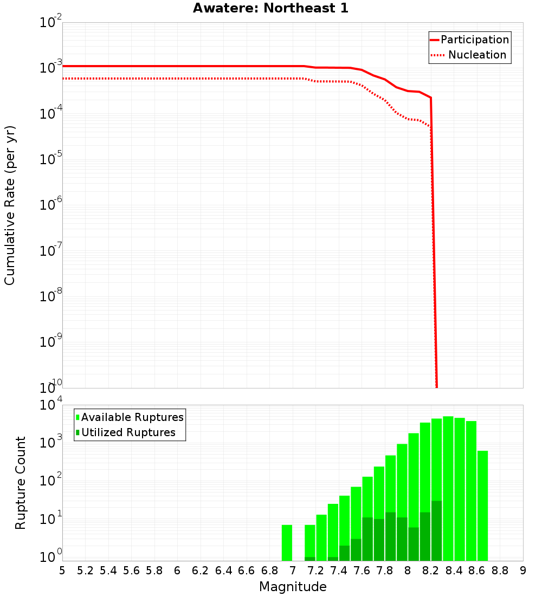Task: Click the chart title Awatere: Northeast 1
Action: (270, 9)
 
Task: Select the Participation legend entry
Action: (474, 40)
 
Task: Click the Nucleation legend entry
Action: (477, 55)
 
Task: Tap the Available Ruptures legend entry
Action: (132, 417)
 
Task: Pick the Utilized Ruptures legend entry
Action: (128, 432)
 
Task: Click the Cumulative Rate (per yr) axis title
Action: (10, 205)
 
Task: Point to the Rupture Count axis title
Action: (21, 483)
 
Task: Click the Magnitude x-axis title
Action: (293, 587)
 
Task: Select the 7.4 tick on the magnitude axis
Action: (339, 571)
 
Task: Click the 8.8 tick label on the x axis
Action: (500, 571)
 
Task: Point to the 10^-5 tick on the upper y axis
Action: (51, 159)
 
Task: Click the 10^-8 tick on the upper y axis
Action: (51, 296)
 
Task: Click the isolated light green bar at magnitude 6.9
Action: (287, 542)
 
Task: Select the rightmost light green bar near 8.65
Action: (482, 504)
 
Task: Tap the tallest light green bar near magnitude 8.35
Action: (448, 488)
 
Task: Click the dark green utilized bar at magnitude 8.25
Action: (436, 531)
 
